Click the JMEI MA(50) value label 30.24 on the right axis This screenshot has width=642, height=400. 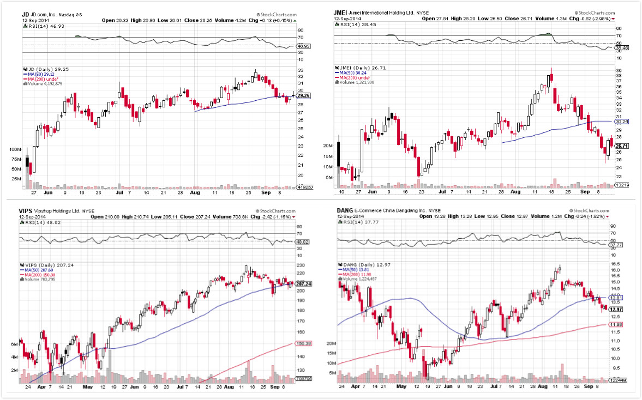click(622, 122)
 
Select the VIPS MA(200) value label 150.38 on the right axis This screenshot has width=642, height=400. click(303, 344)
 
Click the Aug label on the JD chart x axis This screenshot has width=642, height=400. click(195, 192)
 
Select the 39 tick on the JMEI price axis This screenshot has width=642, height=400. click(618, 71)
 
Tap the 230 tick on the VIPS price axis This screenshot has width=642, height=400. click(301, 265)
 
